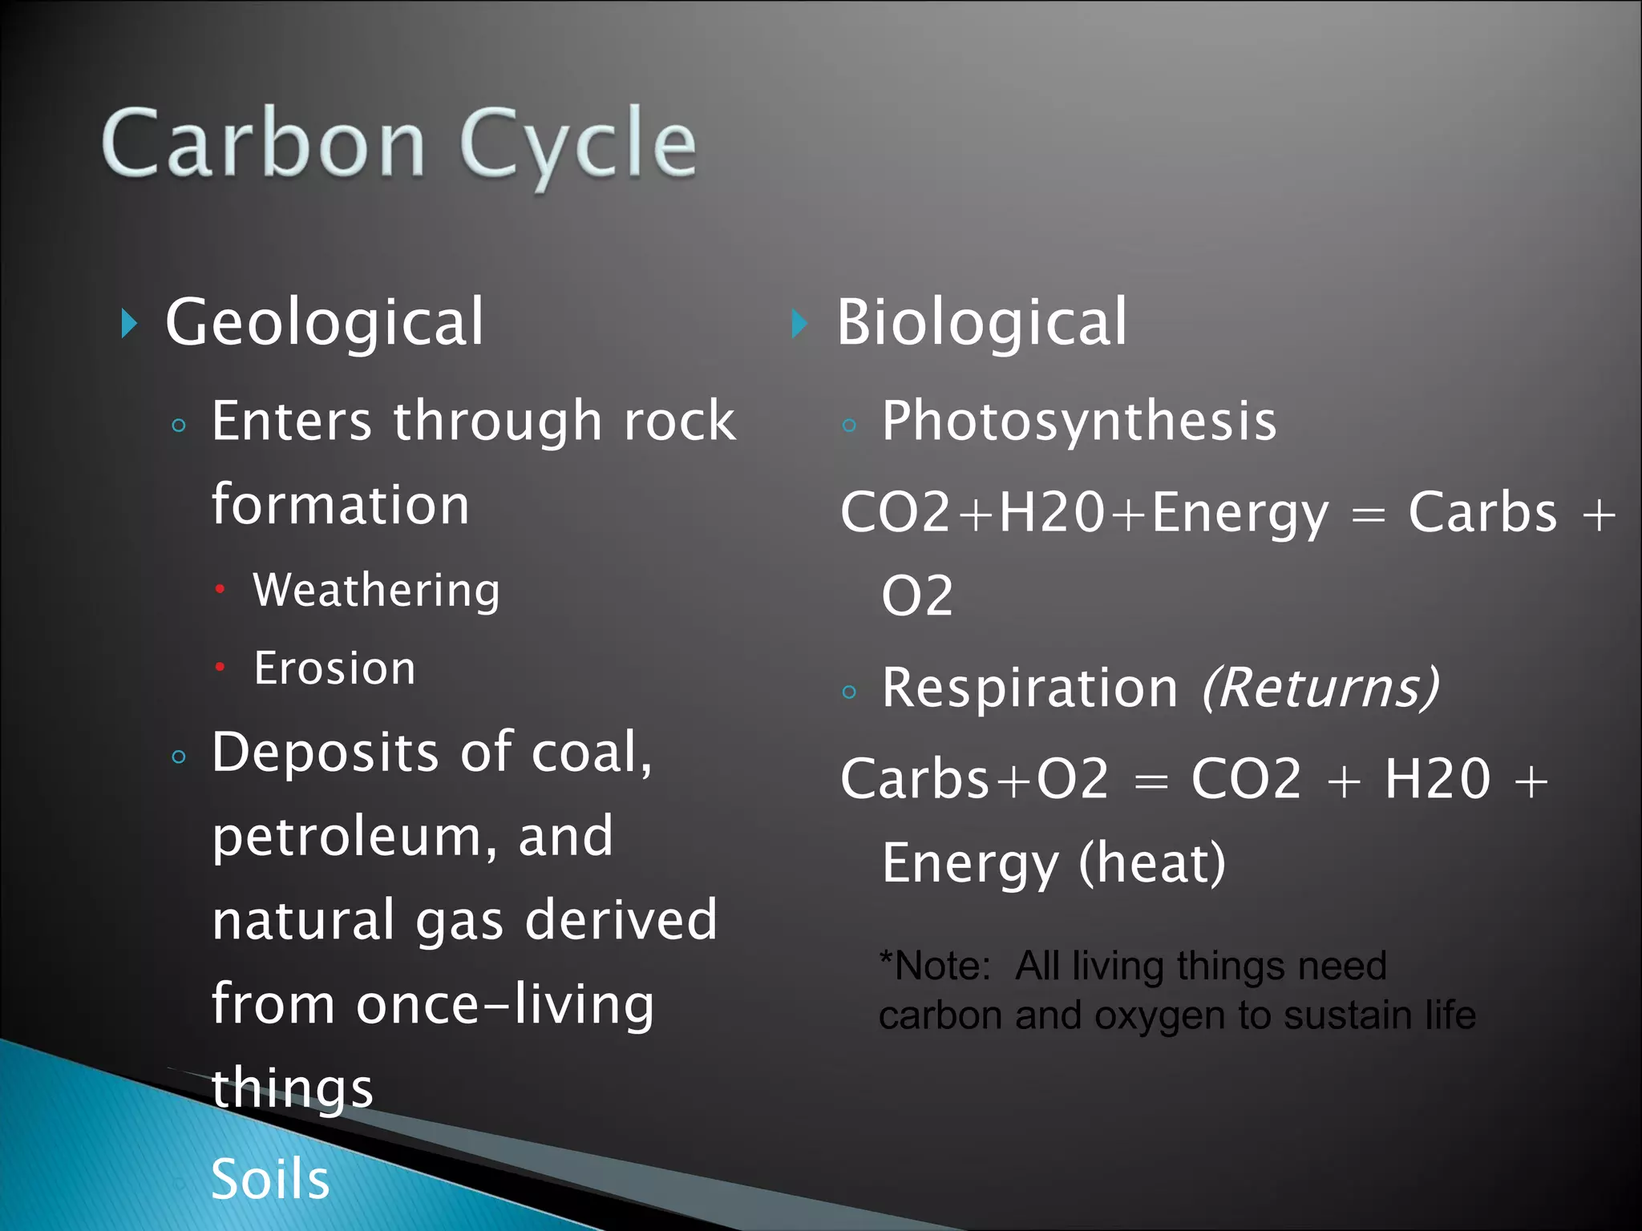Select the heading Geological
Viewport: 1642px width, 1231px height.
click(325, 322)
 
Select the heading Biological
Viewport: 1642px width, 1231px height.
click(981, 322)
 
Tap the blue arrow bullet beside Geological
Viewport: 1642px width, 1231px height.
click(129, 324)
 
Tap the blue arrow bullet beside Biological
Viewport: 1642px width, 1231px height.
click(799, 324)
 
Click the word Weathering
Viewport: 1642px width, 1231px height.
click(377, 591)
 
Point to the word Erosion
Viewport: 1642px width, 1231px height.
click(334, 668)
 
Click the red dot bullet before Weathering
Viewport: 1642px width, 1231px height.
click(220, 590)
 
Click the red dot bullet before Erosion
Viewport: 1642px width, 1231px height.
click(220, 667)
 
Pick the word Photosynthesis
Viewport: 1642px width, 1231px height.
click(1078, 422)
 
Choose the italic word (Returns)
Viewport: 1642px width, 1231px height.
click(1320, 688)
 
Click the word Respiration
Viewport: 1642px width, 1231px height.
click(1029, 688)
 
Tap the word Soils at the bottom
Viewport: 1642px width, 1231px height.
click(270, 1180)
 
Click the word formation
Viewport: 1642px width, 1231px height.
click(340, 505)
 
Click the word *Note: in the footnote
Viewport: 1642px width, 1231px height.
click(935, 966)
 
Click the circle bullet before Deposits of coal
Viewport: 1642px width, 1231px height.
click(179, 757)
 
